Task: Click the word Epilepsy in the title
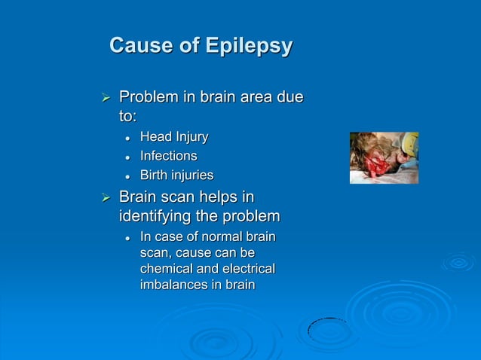pos(248,47)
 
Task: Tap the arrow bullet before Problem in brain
pos(106,98)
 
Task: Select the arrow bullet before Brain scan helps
pos(106,199)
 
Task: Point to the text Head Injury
pos(173,137)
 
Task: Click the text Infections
pos(168,156)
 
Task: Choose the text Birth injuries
pos(176,175)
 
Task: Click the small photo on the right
pos(384,157)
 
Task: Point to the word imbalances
pos(176,285)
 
